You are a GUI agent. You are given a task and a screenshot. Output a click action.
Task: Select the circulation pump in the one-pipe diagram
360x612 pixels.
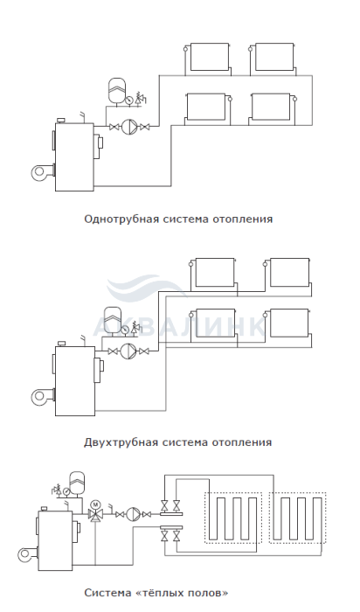[129, 127]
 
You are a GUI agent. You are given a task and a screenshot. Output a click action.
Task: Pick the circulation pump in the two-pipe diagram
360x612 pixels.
[128, 351]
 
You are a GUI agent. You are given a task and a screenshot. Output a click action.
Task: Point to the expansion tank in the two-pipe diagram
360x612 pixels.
[112, 320]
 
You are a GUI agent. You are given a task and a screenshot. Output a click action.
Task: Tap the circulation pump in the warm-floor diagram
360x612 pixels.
[134, 514]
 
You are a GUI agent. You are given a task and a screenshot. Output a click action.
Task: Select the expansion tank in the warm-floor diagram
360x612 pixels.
[77, 483]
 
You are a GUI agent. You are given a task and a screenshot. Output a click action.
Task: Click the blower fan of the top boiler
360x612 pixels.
[43, 172]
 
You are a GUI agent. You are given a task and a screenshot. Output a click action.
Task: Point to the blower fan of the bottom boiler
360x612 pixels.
[29, 555]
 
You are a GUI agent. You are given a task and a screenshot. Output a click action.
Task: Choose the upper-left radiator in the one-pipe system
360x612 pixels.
[210, 58]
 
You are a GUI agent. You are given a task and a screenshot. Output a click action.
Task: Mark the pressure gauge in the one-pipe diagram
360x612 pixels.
[128, 101]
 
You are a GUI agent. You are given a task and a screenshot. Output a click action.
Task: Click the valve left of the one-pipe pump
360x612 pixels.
[114, 127]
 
